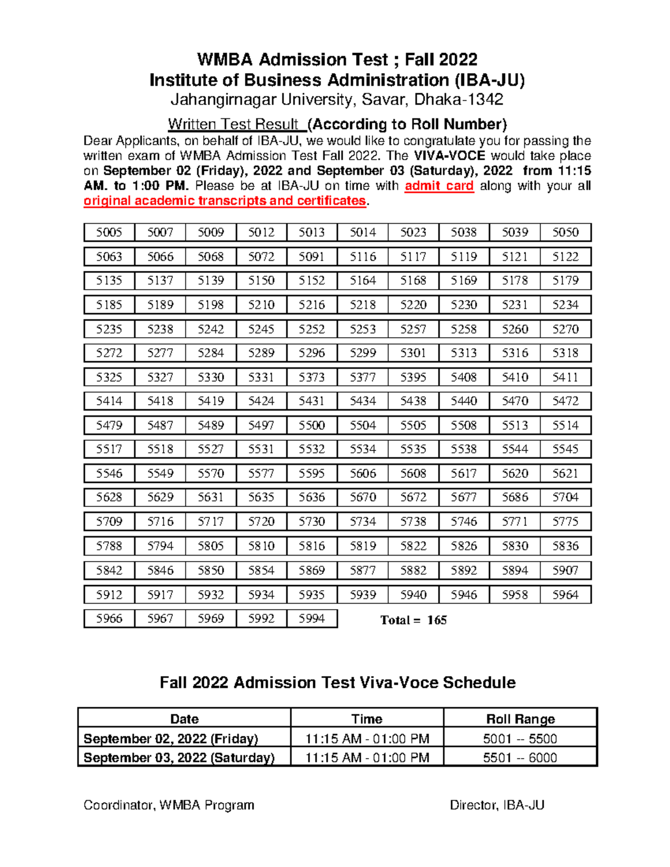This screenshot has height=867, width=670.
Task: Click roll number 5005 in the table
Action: pos(109,232)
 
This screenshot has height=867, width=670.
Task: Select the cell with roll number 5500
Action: pos(312,425)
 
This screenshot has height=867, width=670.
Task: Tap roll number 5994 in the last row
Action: pos(312,619)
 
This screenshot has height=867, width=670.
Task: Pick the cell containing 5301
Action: pos(413,353)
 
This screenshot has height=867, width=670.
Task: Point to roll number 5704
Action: pos(566,497)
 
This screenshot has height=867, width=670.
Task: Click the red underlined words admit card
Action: pos(439,186)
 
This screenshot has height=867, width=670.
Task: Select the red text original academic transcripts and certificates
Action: pos(225,201)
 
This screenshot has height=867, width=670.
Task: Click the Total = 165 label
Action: pos(413,620)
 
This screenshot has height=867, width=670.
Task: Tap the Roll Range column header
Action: pos(520,719)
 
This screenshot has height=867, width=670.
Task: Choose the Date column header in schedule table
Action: pos(184,719)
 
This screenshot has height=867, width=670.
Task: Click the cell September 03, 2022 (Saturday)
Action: pos(179,758)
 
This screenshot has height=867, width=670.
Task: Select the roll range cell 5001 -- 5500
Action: pos(520,739)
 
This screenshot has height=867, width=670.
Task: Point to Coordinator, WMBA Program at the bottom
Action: pos(169,805)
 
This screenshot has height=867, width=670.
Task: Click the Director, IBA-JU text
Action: pos(497,805)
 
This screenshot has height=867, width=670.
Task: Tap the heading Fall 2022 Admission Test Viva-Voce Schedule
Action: pos(337,683)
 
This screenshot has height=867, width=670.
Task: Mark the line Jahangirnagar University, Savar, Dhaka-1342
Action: pos(337,100)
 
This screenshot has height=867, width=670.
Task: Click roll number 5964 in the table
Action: pos(566,595)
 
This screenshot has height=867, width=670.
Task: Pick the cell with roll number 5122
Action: pos(566,257)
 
